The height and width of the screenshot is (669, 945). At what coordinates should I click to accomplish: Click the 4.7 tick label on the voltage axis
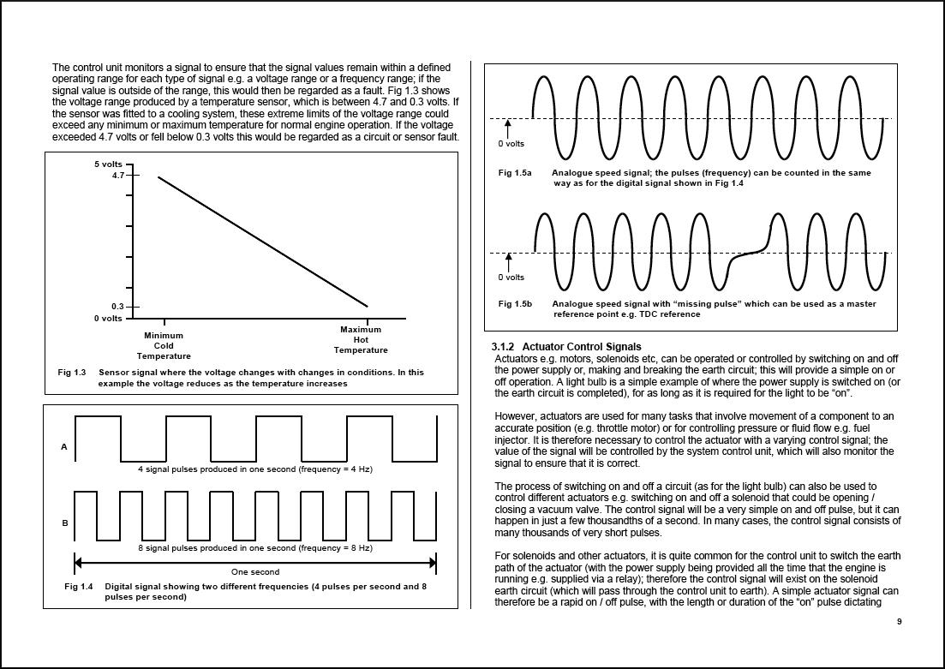(x=117, y=176)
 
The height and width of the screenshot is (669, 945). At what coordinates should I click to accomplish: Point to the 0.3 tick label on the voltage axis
(x=117, y=307)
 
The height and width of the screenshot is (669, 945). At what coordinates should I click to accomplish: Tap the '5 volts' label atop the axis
(x=108, y=164)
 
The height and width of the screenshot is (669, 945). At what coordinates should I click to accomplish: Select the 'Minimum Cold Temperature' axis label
(x=164, y=346)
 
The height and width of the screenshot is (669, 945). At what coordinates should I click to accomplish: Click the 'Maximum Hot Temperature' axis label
(x=361, y=340)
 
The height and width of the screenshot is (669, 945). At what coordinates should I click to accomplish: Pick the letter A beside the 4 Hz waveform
(x=64, y=447)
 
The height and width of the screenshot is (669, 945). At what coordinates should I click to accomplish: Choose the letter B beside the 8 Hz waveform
(x=64, y=523)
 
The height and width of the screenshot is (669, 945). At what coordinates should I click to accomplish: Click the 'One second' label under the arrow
(x=255, y=571)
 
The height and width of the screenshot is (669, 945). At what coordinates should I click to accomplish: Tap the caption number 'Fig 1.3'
(x=72, y=373)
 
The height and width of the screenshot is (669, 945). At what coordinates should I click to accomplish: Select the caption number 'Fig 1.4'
(x=78, y=587)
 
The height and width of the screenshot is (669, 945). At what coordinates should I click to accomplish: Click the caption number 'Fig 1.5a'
(x=515, y=173)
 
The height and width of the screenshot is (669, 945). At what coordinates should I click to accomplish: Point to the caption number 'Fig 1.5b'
(x=515, y=304)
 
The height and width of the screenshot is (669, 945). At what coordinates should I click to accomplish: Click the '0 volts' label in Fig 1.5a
(x=511, y=144)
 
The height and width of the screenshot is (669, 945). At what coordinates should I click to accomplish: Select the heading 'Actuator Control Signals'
(x=582, y=347)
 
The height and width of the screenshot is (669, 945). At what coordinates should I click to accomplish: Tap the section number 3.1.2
(x=503, y=347)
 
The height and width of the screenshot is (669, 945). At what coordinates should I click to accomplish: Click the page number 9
(x=899, y=622)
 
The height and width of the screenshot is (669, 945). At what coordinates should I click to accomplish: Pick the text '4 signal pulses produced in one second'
(x=217, y=469)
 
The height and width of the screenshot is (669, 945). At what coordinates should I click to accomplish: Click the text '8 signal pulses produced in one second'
(x=217, y=547)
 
